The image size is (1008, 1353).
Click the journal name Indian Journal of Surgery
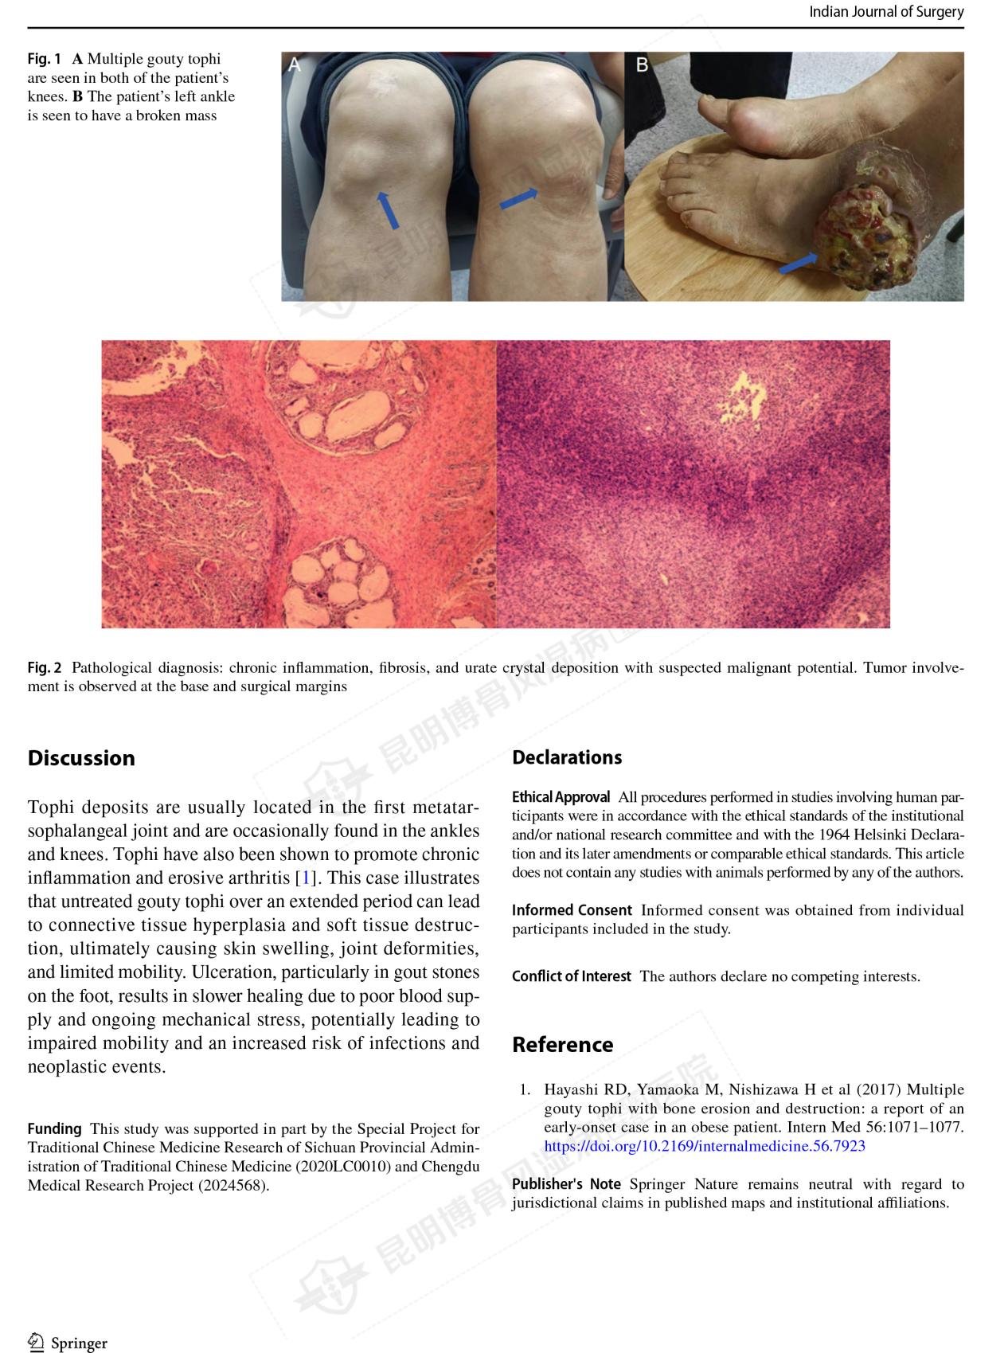pyautogui.click(x=885, y=12)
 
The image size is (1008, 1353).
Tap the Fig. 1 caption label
pyautogui.click(x=45, y=59)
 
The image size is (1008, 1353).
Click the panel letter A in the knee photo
pyautogui.click(x=295, y=65)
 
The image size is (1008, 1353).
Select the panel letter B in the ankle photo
pyautogui.click(x=642, y=65)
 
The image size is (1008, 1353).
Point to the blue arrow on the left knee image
pyautogui.click(x=388, y=209)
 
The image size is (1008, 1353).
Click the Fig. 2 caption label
pyautogui.click(x=45, y=667)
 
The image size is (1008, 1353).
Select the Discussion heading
pyautogui.click(x=81, y=757)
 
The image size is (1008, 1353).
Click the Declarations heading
pyautogui.click(x=566, y=757)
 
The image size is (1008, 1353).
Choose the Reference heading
pyautogui.click(x=562, y=1044)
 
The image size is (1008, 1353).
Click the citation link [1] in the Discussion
pyautogui.click(x=303, y=878)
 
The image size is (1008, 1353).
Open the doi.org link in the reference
pyautogui.click(x=704, y=1146)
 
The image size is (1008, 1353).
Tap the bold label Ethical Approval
pyautogui.click(x=561, y=797)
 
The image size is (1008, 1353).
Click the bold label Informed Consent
pyautogui.click(x=572, y=909)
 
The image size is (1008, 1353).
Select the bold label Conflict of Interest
pyautogui.click(x=571, y=976)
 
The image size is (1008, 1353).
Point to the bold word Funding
pyautogui.click(x=54, y=1128)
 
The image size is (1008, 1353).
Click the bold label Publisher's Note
pyautogui.click(x=566, y=1184)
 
